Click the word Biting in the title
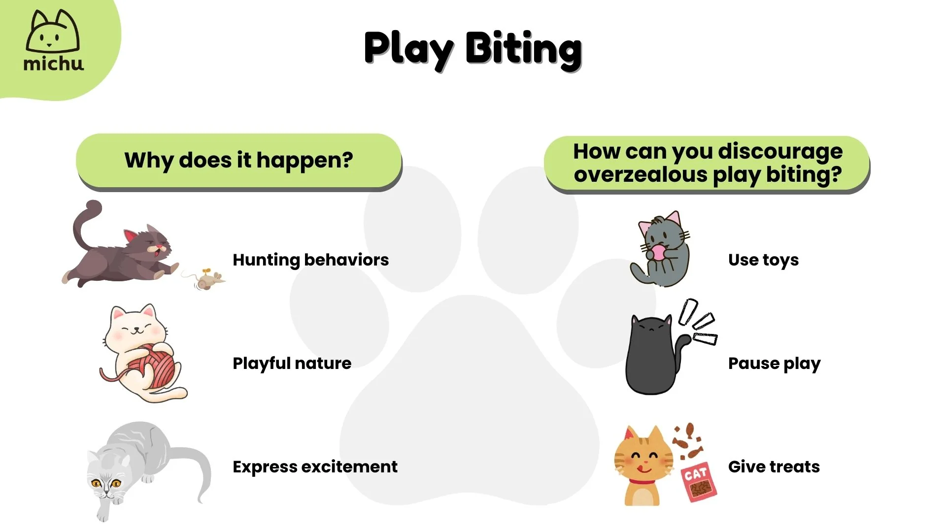[523, 49]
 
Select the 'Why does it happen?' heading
[238, 160]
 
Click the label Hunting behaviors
[310, 260]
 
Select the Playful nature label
[292, 363]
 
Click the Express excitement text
[315, 466]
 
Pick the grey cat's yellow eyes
[106, 483]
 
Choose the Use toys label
[763, 260]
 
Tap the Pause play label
[774, 363]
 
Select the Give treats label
[774, 466]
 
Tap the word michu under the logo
[53, 64]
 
